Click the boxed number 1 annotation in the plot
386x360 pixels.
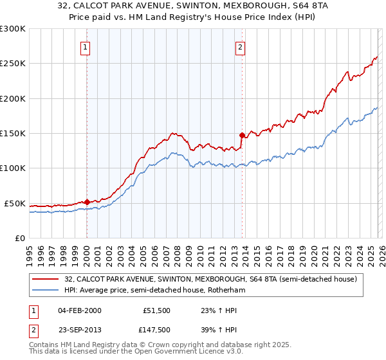[86, 46]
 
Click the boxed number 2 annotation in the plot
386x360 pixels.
[240, 46]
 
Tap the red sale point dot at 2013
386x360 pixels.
[242, 135]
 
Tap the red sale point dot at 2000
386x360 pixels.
[87, 202]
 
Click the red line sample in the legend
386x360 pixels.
[46, 279]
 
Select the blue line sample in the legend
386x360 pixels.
[46, 291]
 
